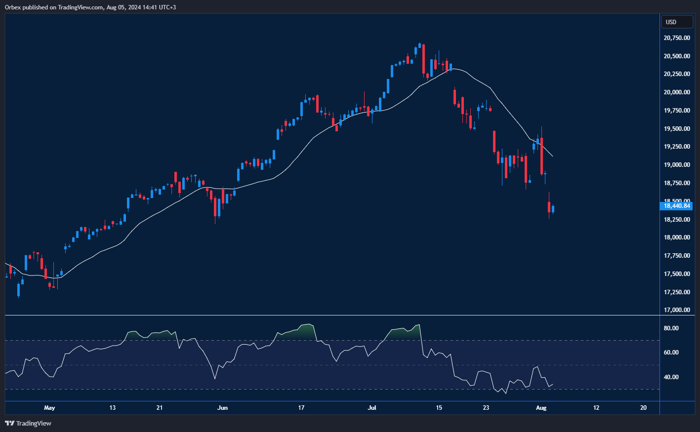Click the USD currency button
click(x=676, y=22)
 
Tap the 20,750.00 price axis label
click(x=676, y=38)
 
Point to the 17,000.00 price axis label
click(x=676, y=310)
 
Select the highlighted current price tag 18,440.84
click(x=676, y=206)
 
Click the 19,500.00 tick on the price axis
click(x=676, y=129)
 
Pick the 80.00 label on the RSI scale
click(x=671, y=328)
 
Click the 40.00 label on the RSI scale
click(x=671, y=377)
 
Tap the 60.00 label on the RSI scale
click(x=671, y=353)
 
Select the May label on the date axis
click(x=49, y=408)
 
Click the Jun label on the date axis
click(x=223, y=408)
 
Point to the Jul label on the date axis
click(x=372, y=408)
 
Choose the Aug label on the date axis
click(x=541, y=408)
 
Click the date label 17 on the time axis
click(x=301, y=408)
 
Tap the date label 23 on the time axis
click(x=486, y=408)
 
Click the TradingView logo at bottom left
click(x=28, y=423)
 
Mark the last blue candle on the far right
click(x=553, y=209)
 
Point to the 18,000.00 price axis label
click(x=676, y=237)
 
